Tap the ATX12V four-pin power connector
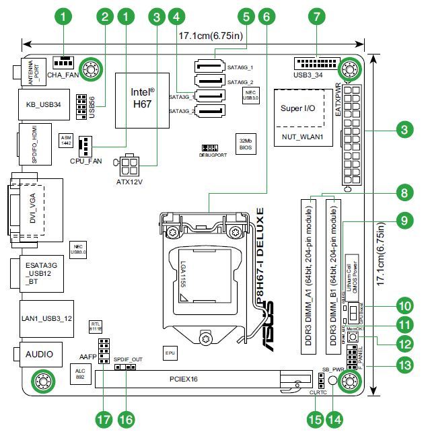coord(131,165)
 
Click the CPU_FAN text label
coord(85,161)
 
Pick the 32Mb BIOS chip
coord(245,142)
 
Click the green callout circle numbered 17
coord(102,418)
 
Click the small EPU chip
coord(171,352)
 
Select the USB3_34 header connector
coord(315,64)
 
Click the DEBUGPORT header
coord(211,147)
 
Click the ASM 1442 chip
coord(66,139)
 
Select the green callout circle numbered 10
coord(405,305)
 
